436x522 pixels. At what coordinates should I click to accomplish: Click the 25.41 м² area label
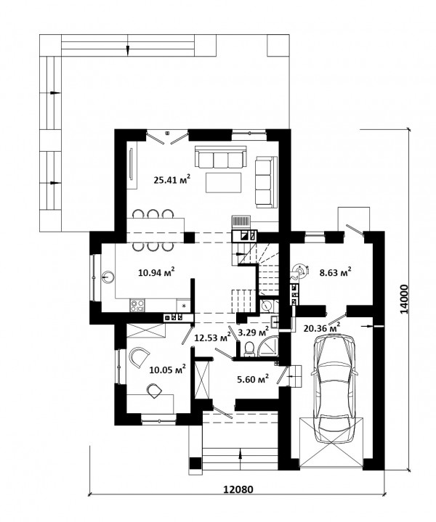[x=172, y=179]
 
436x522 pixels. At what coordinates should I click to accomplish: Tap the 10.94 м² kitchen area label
[x=157, y=272]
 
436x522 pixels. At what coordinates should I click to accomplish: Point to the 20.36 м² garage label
[x=322, y=328]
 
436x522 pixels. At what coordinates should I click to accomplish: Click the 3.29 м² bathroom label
[x=254, y=332]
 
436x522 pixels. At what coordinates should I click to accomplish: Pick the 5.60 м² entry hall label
[x=253, y=379]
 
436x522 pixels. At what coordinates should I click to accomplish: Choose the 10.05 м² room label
[x=168, y=370]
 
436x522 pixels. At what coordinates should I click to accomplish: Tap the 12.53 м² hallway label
[x=213, y=338]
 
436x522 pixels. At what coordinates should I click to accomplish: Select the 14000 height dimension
[x=404, y=298]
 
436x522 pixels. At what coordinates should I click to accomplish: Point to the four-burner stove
[x=137, y=306]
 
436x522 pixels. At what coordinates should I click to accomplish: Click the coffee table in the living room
[x=223, y=182]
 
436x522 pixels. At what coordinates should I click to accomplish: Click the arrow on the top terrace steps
[x=127, y=49]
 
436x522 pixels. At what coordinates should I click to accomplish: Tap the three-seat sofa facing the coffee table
[x=221, y=157]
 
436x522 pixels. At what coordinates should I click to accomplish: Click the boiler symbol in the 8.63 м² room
[x=301, y=271]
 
